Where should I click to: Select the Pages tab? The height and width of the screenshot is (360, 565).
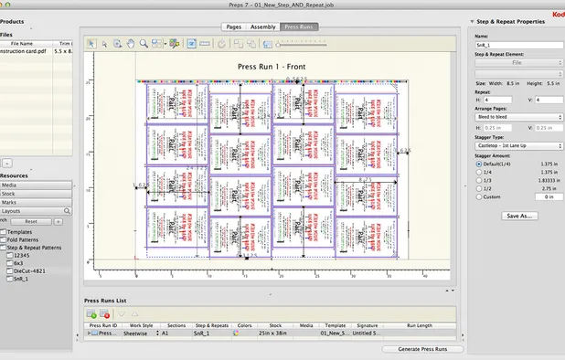coord(233,27)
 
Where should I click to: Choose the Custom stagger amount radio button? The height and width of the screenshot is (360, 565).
coord(478,196)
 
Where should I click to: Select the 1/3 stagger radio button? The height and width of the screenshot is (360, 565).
coord(478,181)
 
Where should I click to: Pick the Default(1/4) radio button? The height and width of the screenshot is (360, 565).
coord(478,165)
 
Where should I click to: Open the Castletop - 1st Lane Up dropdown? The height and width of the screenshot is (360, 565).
coord(518,145)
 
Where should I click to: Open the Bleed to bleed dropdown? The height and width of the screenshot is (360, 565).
coord(518,117)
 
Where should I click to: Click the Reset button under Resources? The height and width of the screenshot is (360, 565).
coord(30,221)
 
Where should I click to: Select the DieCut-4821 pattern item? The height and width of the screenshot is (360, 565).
coord(28,271)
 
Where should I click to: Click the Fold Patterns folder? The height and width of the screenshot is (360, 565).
coord(26,239)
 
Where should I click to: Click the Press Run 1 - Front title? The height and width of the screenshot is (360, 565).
coord(271,67)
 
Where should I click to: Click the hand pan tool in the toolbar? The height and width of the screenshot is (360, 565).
coord(131,43)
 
